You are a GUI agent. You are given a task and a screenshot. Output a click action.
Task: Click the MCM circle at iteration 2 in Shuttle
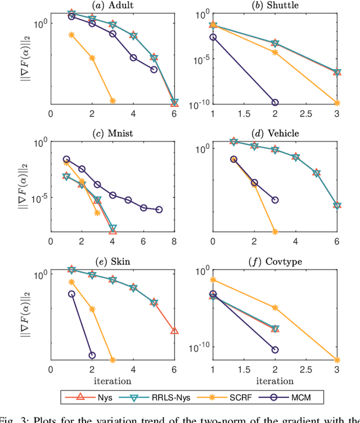[275, 102]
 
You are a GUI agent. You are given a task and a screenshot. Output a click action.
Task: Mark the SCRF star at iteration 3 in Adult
[112, 101]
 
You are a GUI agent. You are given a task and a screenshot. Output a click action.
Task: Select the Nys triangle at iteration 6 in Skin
[174, 331]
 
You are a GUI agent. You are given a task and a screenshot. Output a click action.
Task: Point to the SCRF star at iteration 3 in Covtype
[337, 360]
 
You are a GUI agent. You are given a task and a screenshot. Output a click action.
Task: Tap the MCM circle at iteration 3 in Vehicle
[274, 200]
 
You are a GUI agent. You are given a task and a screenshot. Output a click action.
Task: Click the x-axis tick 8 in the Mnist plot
[174, 241]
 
